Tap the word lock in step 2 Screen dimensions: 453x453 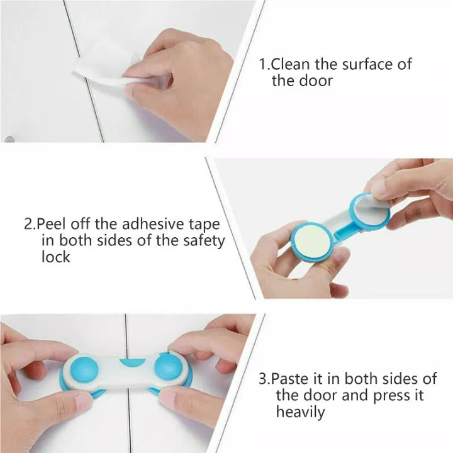tap(56, 257)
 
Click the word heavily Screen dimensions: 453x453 tap(301, 413)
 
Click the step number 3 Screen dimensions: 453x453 tap(262, 379)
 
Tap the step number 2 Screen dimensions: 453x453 tap(28, 224)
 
